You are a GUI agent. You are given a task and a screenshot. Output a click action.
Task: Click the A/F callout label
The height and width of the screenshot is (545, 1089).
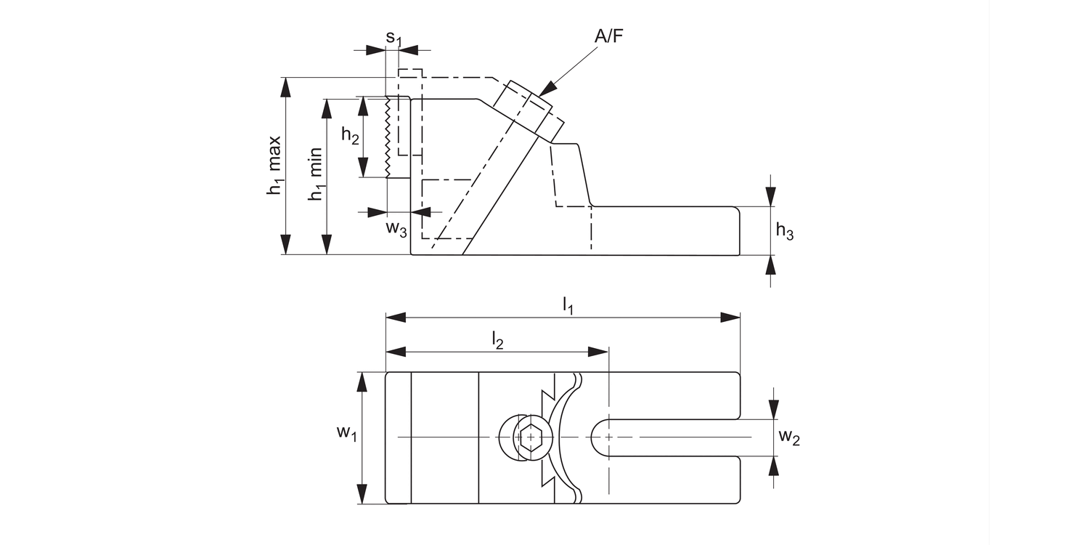pos(608,37)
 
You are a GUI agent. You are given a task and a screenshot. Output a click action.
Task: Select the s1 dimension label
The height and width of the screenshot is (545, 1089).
pos(393,37)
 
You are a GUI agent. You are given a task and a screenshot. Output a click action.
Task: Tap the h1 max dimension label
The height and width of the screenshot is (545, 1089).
pos(274,166)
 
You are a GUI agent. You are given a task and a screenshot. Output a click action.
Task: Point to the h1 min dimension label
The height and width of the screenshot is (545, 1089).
pos(316,175)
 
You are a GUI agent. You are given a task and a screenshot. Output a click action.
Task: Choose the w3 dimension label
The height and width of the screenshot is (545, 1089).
pos(396,228)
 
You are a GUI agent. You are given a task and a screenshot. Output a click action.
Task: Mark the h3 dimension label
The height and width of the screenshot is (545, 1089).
pos(785,232)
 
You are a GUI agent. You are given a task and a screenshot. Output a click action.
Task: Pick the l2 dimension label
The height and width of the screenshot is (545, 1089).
pos(497,340)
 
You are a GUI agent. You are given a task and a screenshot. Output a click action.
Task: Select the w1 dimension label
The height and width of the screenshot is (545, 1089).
pos(346,433)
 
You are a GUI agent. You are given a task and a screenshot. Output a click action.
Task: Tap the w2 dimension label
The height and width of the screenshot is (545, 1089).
pos(789,437)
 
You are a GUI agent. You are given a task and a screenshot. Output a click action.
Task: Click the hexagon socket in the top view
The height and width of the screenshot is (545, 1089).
pos(531,437)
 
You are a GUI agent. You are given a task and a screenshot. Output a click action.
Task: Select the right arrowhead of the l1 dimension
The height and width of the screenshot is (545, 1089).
pos(730,318)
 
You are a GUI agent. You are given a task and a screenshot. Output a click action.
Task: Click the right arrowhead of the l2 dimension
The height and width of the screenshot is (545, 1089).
pos(598,352)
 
